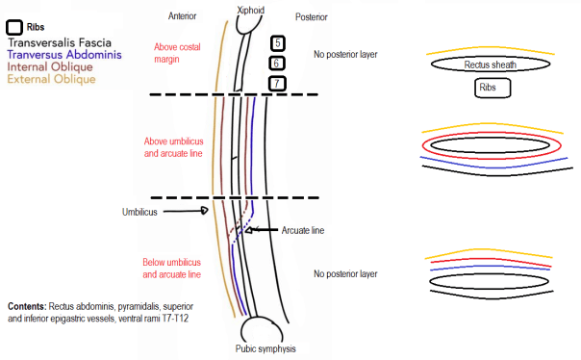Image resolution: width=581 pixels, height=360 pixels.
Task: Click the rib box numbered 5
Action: (x=277, y=43)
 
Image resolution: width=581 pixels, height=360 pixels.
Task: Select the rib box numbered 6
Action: (x=277, y=63)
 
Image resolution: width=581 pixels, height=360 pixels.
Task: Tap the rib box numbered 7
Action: (x=277, y=83)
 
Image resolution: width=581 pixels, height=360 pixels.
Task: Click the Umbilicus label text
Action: (x=140, y=211)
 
